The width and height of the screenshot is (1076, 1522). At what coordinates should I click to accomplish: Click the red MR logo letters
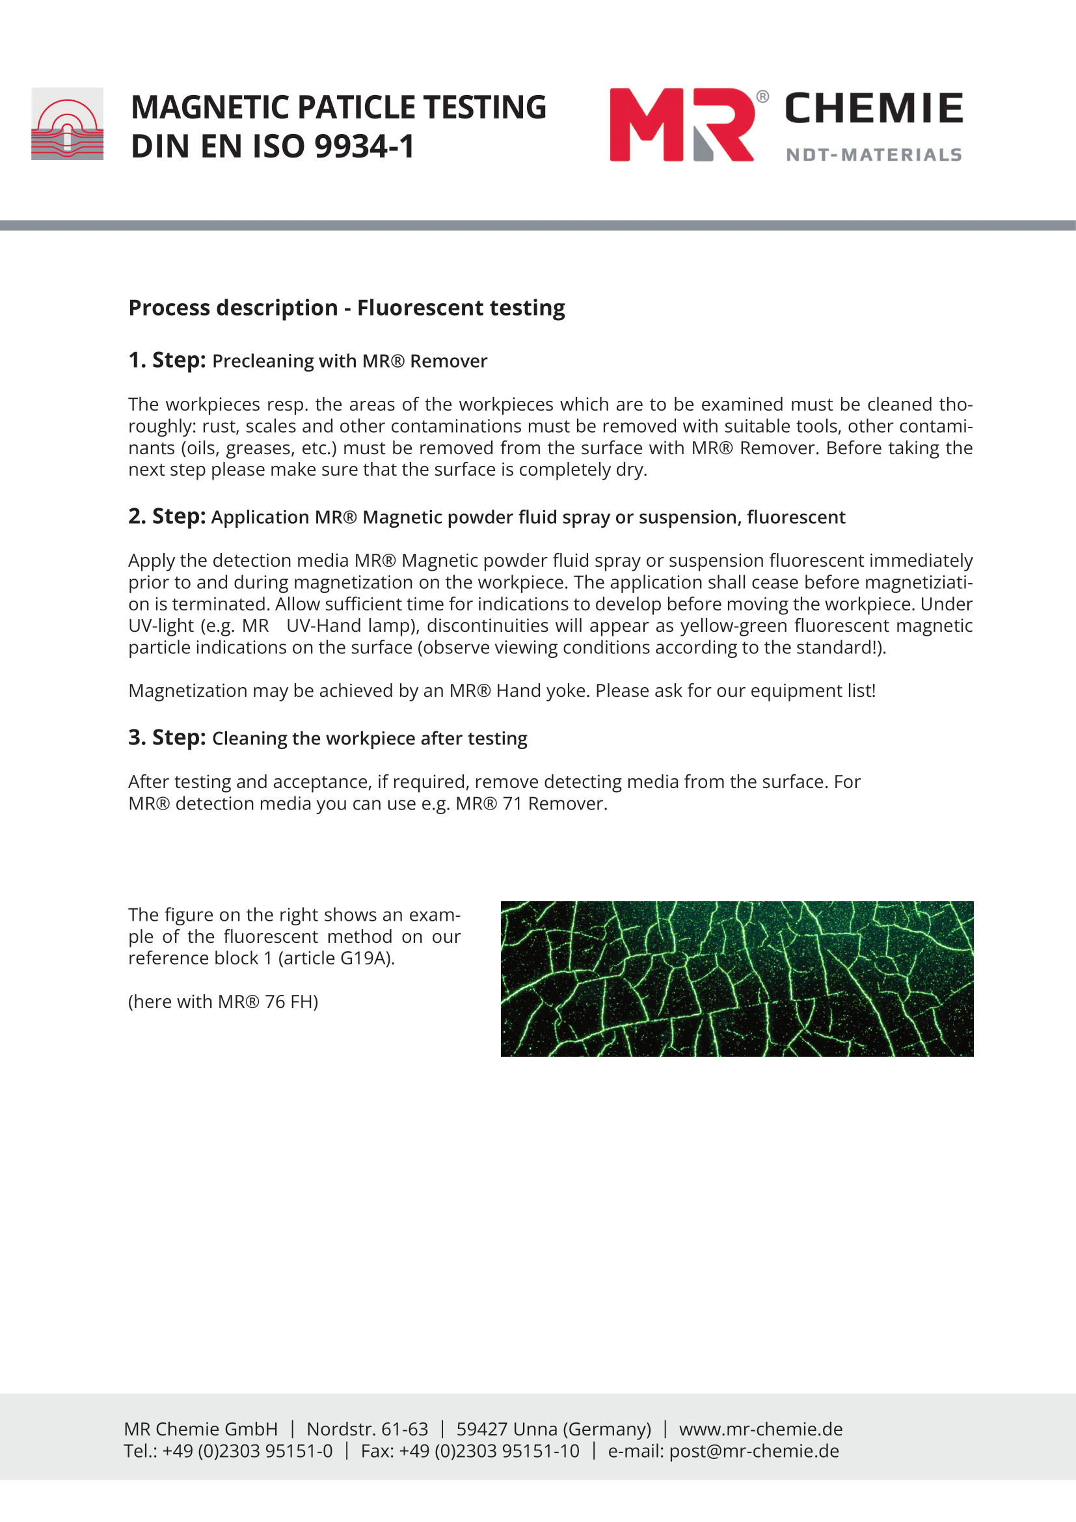click(x=681, y=125)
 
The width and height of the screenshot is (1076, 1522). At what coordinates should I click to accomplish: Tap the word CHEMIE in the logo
click(x=873, y=109)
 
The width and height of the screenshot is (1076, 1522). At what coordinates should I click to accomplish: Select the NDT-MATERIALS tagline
click(x=873, y=154)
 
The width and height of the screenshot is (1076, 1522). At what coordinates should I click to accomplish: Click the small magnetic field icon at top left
click(x=67, y=124)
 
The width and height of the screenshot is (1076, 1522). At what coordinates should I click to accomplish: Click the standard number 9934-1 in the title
click(x=364, y=146)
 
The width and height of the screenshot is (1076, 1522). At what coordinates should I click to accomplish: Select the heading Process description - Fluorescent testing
click(x=347, y=308)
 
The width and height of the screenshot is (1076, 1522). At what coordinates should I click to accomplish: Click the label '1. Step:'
click(x=167, y=360)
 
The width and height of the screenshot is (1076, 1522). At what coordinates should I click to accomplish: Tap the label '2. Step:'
click(x=167, y=516)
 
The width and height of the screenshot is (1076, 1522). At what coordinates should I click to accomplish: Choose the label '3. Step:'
click(x=167, y=737)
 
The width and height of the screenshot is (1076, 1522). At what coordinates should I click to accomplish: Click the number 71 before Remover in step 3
click(x=512, y=804)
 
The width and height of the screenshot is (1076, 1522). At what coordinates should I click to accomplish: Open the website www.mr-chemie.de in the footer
click(x=760, y=1429)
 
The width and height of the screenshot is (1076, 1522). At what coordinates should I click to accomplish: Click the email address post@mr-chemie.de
click(x=754, y=1451)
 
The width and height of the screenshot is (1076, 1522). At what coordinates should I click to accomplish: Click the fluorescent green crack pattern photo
click(x=737, y=979)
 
